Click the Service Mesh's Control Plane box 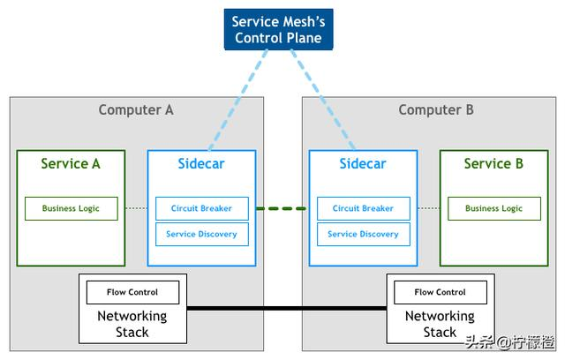pos(277,30)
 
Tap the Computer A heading pos(136,110)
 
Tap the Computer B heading pos(436,110)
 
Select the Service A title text pos(71,163)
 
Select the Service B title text pos(493,163)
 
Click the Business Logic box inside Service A pos(71,209)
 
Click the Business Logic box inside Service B pos(493,209)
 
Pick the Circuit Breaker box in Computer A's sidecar pos(202,209)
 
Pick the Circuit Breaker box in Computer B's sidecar pos(363,209)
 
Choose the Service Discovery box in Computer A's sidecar pos(202,234)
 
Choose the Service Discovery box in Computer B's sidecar pos(363,234)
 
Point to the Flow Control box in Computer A pos(132,292)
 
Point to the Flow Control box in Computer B pos(440,292)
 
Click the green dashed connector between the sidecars pos(282,209)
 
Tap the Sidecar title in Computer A pos(202,163)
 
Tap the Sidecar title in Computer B pos(363,163)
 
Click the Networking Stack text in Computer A pos(132,324)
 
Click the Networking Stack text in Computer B pos(440,324)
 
